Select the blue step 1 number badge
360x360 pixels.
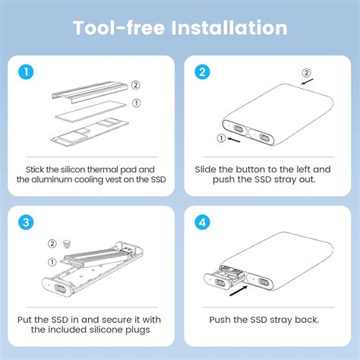(x=26, y=73)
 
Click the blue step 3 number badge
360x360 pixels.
(x=26, y=223)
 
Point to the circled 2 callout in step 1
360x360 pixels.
(x=135, y=85)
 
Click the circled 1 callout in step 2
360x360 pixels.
(x=222, y=138)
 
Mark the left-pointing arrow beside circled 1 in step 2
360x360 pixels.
(x=235, y=139)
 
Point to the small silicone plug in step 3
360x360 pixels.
(x=66, y=245)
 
